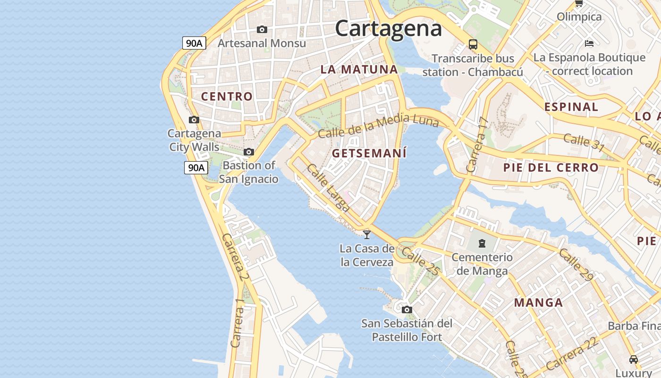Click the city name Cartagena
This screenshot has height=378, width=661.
pyautogui.click(x=388, y=28)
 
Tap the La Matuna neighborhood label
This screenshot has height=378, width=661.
pyautogui.click(x=359, y=69)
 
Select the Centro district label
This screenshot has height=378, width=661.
pyautogui.click(x=227, y=96)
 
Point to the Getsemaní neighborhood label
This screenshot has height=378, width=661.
pyautogui.click(x=369, y=154)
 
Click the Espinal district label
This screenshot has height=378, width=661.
pyautogui.click(x=571, y=107)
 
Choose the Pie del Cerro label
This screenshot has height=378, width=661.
pyautogui.click(x=551, y=168)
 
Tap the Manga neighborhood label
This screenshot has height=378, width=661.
pyautogui.click(x=538, y=303)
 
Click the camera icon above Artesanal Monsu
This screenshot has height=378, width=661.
pyautogui.click(x=262, y=30)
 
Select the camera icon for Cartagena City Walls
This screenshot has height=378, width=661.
pyautogui.click(x=194, y=120)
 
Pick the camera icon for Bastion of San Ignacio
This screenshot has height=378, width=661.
pyautogui.click(x=249, y=152)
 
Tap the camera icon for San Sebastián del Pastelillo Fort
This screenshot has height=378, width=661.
pyautogui.click(x=407, y=310)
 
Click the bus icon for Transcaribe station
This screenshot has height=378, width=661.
pyautogui.click(x=473, y=44)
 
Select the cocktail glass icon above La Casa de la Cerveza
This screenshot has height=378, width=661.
pyautogui.click(x=367, y=234)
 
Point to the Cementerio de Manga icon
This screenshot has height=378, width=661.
pyautogui.click(x=482, y=243)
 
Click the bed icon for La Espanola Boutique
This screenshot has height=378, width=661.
pyautogui.click(x=589, y=43)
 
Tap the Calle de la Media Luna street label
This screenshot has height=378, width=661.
pyautogui.click(x=378, y=125)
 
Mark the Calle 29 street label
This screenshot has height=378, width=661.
pyautogui.click(x=576, y=264)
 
